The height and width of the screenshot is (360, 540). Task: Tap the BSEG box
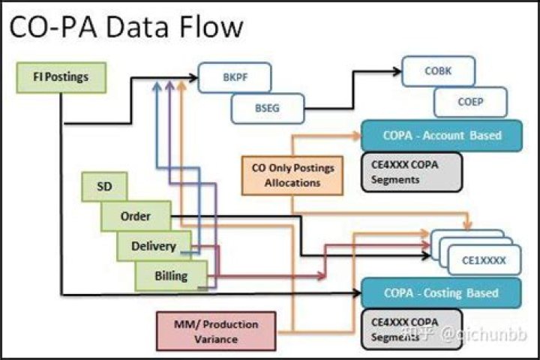point(266,108)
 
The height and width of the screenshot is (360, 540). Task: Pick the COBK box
point(437,71)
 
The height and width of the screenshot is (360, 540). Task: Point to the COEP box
point(471,102)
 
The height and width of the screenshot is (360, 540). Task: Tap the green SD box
point(105,187)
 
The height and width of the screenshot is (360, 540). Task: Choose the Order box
point(136,217)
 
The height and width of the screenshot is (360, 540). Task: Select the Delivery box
point(153,246)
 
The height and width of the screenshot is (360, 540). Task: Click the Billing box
point(171,276)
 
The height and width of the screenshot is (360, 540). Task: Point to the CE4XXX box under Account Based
point(412,171)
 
